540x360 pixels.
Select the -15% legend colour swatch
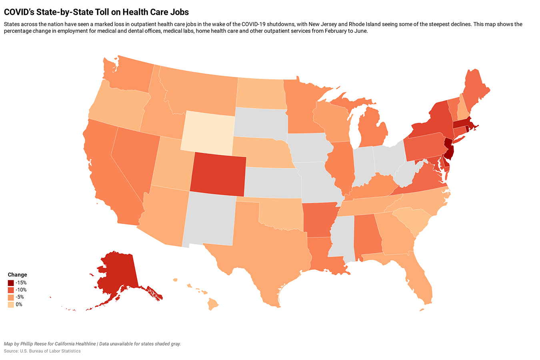(x=11, y=283)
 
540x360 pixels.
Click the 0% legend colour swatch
(x=11, y=304)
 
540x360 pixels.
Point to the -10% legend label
(x=21, y=290)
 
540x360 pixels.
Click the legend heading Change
(x=18, y=275)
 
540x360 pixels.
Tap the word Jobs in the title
(x=180, y=12)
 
